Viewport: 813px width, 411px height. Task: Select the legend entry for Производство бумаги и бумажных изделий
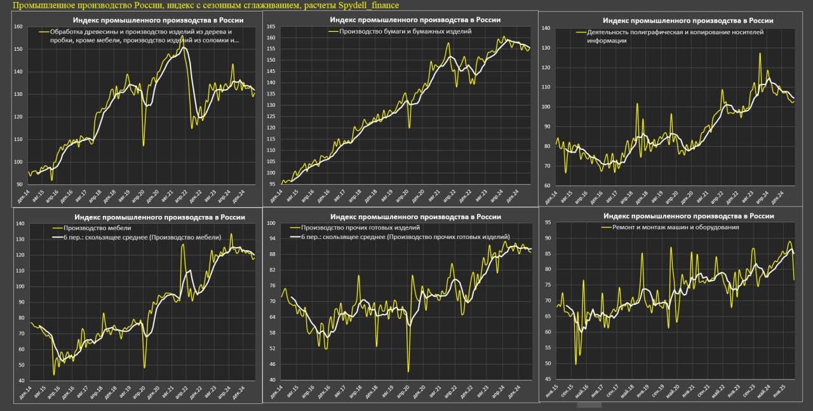pyautogui.click(x=405, y=31)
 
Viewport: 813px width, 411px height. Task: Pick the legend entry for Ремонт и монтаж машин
pyautogui.click(x=675, y=227)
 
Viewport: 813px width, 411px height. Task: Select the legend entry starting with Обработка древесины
pyautogui.click(x=140, y=32)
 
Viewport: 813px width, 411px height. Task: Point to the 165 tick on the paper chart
pyautogui.click(x=271, y=27)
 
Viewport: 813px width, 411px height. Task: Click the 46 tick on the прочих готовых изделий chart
pyautogui.click(x=271, y=364)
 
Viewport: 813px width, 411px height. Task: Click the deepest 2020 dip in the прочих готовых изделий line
pyautogui.click(x=408, y=372)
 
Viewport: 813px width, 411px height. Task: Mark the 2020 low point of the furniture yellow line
pyautogui.click(x=145, y=367)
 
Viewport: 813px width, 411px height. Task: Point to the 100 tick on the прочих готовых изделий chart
pyautogui.click(x=269, y=223)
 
